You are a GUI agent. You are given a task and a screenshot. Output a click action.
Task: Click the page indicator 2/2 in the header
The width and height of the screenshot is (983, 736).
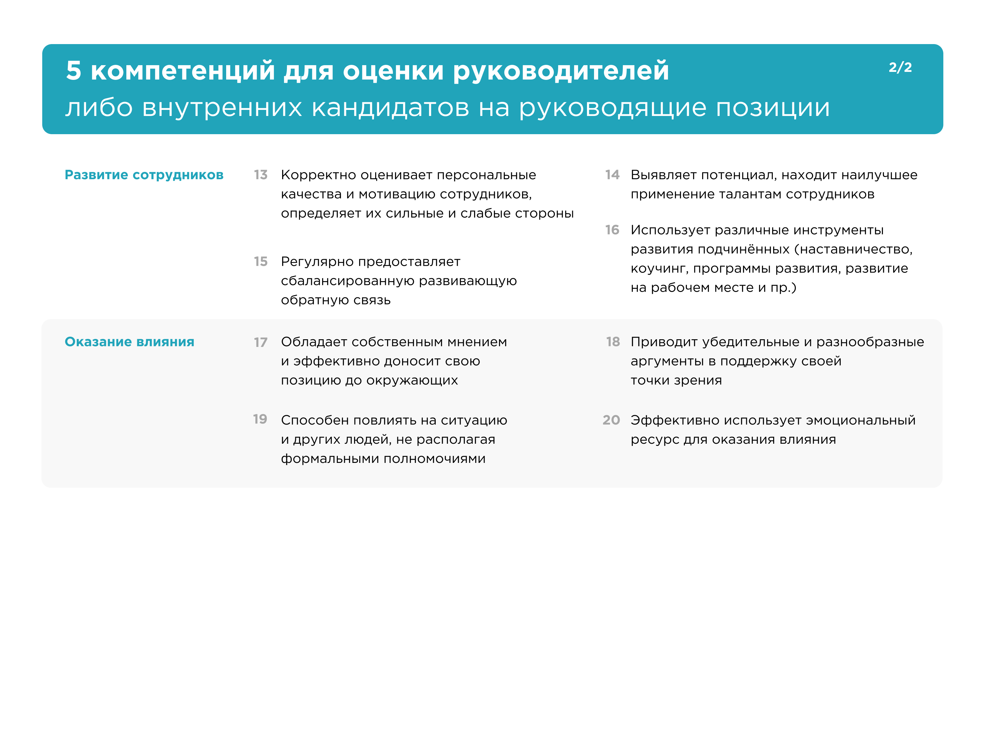pos(900,67)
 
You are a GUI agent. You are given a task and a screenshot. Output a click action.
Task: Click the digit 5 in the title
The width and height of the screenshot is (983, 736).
pos(74,71)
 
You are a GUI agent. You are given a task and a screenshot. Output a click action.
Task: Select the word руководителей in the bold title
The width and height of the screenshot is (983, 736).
pos(561,71)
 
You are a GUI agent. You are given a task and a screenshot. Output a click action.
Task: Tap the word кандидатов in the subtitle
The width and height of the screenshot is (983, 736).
pos(390,108)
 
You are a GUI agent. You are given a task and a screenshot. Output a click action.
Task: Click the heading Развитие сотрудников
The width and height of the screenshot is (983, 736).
pos(144,175)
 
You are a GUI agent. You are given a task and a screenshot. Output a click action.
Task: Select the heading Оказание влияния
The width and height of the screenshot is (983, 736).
pos(129,342)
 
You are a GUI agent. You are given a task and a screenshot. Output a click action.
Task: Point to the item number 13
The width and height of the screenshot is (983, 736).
pos(261,175)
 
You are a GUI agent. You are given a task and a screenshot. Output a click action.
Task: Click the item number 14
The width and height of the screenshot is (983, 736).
pos(612,175)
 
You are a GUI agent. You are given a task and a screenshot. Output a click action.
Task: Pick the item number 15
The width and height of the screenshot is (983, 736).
pos(261,261)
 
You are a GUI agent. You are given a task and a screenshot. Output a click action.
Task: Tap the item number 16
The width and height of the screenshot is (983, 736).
pos(612,230)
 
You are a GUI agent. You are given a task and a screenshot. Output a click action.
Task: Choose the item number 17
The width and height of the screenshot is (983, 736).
pos(261,342)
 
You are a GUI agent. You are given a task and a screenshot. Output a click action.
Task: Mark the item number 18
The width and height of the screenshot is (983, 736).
pos(613,342)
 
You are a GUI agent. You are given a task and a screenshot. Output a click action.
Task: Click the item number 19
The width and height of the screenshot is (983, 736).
pos(260,419)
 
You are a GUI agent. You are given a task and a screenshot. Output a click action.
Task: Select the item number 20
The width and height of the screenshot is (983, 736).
pos(611,420)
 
